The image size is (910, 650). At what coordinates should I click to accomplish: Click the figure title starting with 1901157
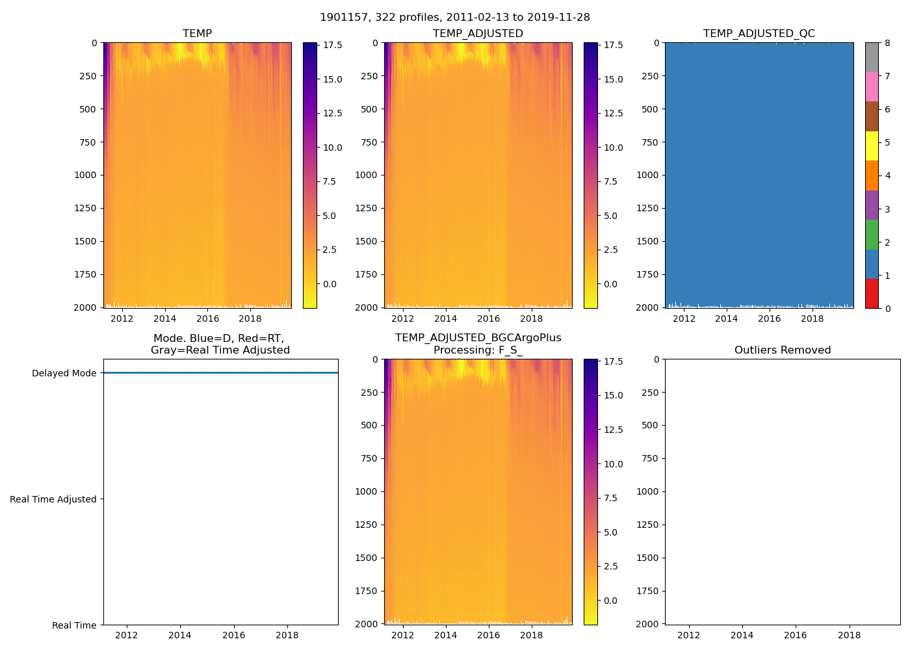[455, 18]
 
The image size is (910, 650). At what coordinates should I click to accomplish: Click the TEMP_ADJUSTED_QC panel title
[759, 34]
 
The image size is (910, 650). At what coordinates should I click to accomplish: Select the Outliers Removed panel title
[783, 350]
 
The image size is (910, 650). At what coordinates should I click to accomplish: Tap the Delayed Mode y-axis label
[64, 373]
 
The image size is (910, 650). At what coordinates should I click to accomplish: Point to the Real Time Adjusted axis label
[53, 499]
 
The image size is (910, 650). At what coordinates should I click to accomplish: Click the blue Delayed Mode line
[221, 373]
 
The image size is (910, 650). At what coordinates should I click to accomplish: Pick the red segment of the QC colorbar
[872, 294]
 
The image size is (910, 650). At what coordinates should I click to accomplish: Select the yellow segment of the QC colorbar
[872, 146]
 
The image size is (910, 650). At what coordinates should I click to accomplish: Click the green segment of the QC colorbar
[872, 235]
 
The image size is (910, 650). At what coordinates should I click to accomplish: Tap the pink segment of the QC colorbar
[872, 86]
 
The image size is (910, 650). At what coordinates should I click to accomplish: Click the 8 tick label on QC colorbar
[887, 44]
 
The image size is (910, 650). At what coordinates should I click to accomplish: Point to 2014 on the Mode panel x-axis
[180, 635]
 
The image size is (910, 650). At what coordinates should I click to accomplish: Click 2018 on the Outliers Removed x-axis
[849, 635]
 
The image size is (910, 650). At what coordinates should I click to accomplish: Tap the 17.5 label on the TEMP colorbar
[333, 45]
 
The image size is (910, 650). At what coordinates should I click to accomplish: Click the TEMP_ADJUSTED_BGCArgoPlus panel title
[478, 338]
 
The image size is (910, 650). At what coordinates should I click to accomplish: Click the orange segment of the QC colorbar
[872, 175]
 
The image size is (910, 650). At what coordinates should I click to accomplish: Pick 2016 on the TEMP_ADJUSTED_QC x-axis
[769, 318]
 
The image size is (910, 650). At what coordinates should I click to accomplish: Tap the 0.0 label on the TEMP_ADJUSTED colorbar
[611, 284]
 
